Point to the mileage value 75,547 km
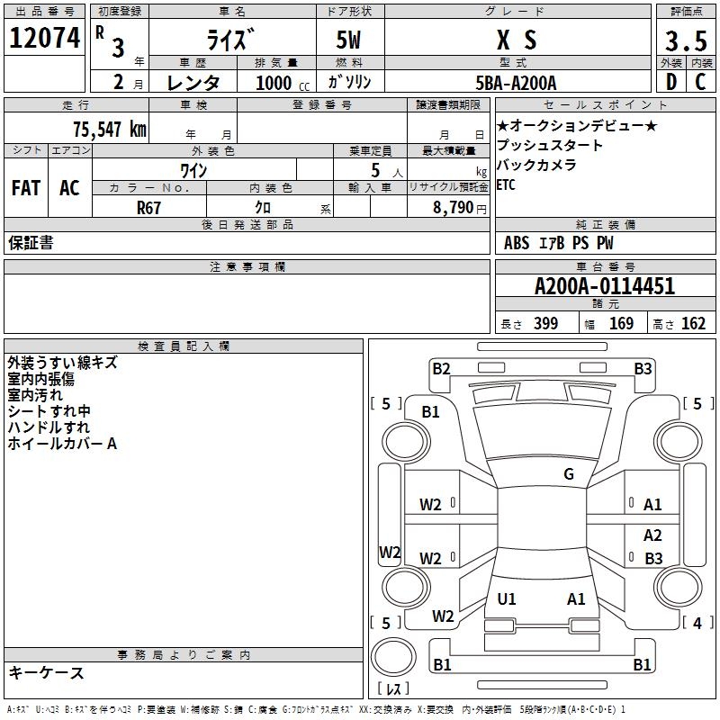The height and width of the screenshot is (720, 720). click(108, 129)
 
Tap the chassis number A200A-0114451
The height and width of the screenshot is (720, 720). click(605, 286)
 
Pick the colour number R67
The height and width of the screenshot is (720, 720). click(148, 207)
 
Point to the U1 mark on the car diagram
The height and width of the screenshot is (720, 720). click(507, 598)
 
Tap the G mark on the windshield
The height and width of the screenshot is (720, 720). click(568, 474)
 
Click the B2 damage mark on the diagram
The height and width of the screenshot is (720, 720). click(441, 368)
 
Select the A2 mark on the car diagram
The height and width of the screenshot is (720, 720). click(652, 535)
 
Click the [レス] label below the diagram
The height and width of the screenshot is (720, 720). click(393, 689)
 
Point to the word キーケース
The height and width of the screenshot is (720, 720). click(46, 672)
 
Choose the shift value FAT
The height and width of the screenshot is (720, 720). click(25, 188)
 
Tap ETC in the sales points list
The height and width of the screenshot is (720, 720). click(507, 185)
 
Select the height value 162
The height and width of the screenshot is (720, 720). click(694, 324)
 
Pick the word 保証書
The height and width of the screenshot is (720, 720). click(31, 243)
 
